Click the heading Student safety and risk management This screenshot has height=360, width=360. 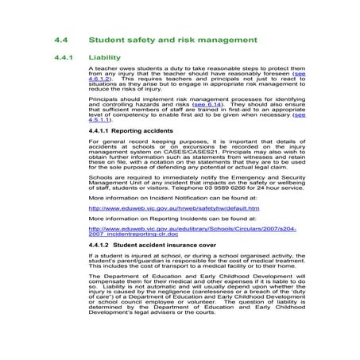click(x=172, y=38)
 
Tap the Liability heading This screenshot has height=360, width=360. click(x=105, y=58)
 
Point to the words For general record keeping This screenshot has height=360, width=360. click(x=127, y=141)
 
